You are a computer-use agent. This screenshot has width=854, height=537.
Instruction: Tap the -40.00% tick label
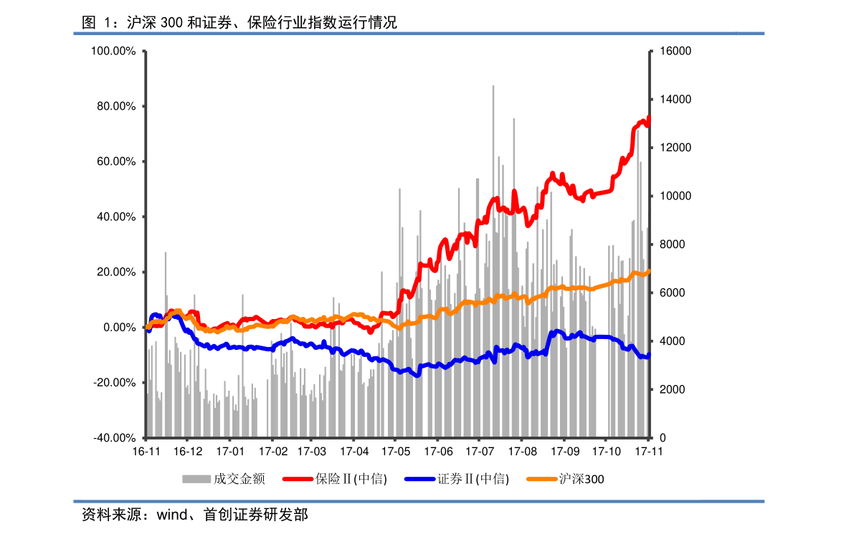pos(115,438)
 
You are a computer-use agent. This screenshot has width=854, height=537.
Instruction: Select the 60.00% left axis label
pos(115,162)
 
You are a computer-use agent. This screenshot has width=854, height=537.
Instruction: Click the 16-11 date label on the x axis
pos(146,452)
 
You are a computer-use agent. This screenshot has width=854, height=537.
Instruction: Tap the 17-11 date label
pos(649,452)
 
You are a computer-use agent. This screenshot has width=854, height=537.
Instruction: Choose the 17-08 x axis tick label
pos(522,452)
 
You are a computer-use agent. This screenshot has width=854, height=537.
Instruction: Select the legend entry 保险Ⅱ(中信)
pos(351,479)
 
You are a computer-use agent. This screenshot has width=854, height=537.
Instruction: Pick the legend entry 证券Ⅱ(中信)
pos(473,479)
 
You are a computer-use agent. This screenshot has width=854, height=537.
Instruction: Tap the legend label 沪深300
pos(582,479)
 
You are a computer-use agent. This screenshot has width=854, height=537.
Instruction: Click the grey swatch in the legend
pos(196,479)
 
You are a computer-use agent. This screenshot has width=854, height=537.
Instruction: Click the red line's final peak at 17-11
pos(649,117)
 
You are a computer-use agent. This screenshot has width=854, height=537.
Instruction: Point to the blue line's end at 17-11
pos(649,356)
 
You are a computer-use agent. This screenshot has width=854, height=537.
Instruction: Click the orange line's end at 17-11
pos(649,271)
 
